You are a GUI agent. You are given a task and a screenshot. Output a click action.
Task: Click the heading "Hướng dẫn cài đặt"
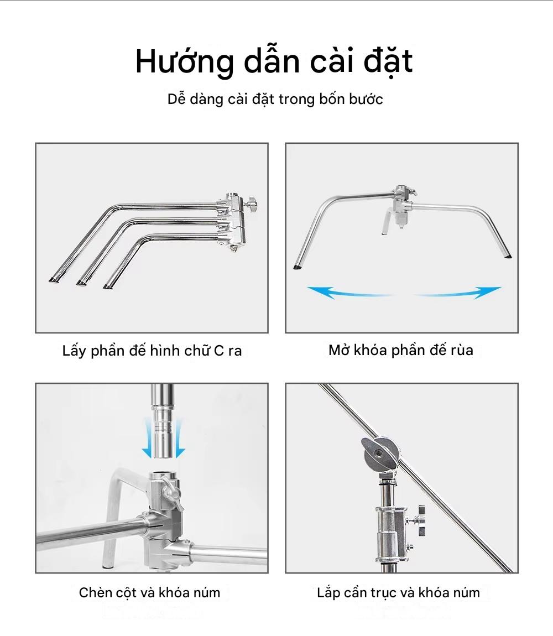[274, 61]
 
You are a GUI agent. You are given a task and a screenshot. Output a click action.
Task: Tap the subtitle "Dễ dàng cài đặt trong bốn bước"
[275, 100]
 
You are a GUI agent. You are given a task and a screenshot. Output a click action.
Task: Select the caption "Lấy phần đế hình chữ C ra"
[152, 351]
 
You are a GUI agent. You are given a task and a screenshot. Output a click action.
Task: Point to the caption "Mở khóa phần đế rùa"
[401, 350]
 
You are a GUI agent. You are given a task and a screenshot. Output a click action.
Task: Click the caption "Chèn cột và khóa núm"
[149, 593]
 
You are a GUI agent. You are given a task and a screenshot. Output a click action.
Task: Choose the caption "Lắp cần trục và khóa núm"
[398, 593]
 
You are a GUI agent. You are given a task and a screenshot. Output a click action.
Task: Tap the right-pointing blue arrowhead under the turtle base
[488, 291]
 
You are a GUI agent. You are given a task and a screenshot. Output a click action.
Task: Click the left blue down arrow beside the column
[147, 438]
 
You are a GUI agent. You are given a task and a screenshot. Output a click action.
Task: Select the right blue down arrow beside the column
[179, 438]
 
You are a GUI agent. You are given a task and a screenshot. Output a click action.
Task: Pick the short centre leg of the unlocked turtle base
[386, 221]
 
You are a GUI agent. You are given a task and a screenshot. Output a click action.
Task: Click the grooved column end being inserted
[163, 433]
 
